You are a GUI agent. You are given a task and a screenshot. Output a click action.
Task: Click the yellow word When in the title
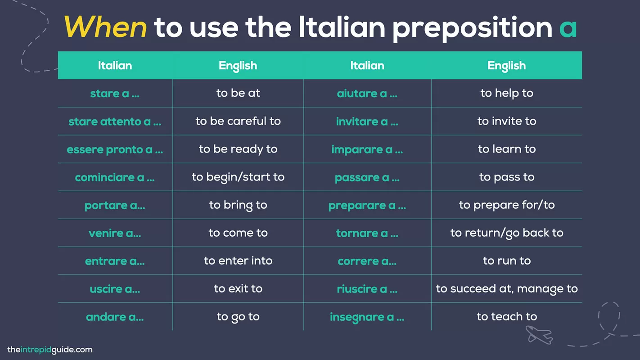pos(105,27)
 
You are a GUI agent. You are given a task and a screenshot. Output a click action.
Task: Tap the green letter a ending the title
pos(568,28)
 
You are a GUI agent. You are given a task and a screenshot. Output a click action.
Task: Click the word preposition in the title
pos(472,29)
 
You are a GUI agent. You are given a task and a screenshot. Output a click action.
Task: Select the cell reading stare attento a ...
pos(115,121)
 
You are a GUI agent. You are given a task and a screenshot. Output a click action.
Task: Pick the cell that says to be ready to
pos(238,149)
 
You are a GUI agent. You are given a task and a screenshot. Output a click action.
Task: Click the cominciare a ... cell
pos(115,177)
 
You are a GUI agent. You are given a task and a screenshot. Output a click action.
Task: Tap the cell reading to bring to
pos(238,205)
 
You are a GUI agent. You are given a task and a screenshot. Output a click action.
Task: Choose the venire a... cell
pos(115,233)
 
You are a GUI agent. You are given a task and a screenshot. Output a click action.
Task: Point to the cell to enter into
pos(238,261)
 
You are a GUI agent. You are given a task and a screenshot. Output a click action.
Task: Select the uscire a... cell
pos(115,289)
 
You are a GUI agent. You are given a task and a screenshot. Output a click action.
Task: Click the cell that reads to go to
pos(238,317)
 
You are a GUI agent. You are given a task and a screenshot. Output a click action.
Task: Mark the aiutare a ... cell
pos(367,94)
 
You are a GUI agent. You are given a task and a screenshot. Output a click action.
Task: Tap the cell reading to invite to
pos(507,121)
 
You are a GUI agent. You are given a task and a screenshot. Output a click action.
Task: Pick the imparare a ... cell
pos(367,149)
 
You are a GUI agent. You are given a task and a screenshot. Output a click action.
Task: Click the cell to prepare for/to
pos(507,205)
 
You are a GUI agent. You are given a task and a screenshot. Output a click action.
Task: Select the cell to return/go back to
pos(507,233)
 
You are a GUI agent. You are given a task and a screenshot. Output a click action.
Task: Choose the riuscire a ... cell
pos(367,289)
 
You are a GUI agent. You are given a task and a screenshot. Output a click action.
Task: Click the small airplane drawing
pos(539,335)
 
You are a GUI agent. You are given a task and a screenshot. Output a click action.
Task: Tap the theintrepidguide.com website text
pos(50,350)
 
